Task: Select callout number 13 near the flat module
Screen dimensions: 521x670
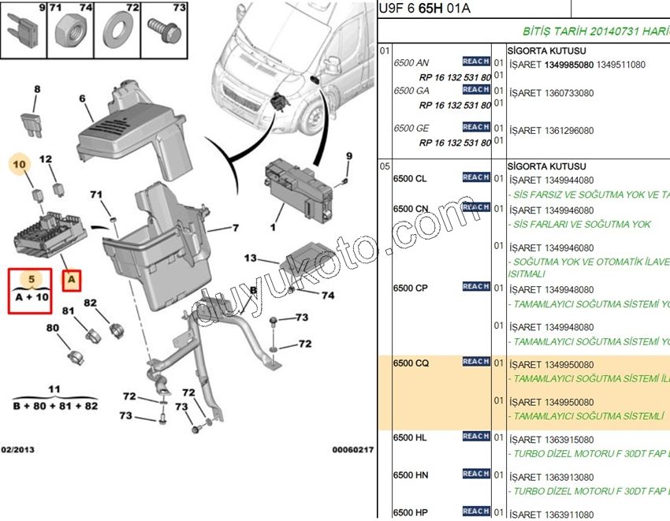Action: point(251,258)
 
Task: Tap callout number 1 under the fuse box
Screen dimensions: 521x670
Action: point(274,229)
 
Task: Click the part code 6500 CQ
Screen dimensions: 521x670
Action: point(411,363)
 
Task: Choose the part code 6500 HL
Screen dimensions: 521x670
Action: point(410,438)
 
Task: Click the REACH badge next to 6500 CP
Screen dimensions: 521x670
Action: point(476,287)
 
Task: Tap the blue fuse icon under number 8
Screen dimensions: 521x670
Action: point(36,125)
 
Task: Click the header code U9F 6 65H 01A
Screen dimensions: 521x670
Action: point(426,9)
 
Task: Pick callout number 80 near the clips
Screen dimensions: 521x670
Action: point(53,328)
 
